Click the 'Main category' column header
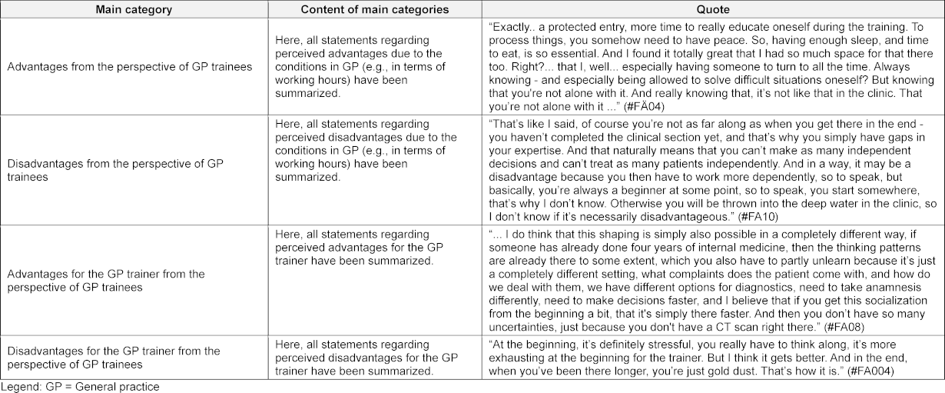[x=134, y=9]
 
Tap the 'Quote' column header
[x=712, y=9]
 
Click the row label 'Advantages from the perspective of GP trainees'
[x=129, y=67]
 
